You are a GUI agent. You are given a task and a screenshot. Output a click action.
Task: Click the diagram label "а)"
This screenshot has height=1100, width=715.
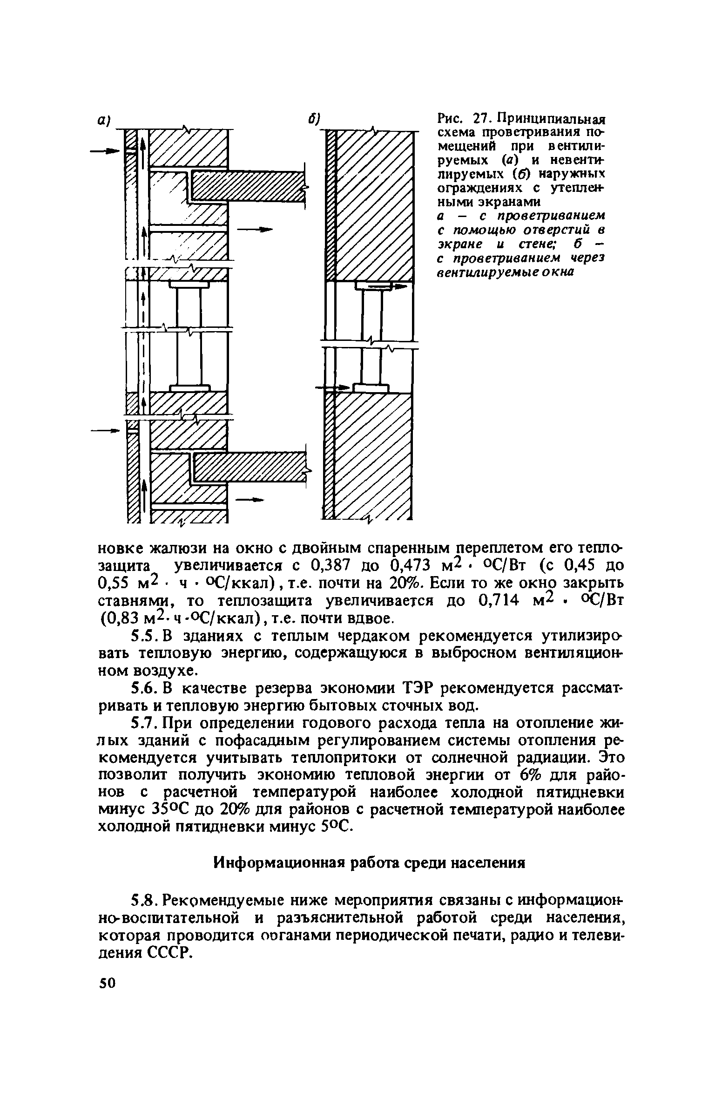[x=103, y=120]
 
